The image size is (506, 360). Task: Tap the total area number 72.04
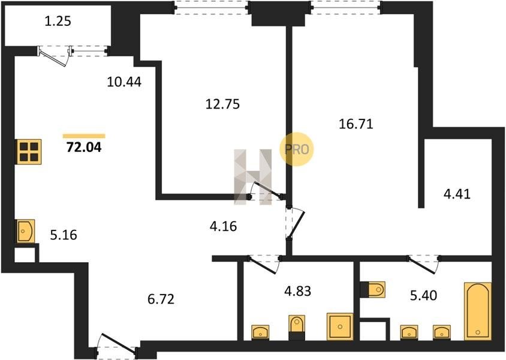tap(84, 147)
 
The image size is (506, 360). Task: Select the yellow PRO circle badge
tap(297, 149)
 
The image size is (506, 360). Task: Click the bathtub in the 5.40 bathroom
tap(478, 311)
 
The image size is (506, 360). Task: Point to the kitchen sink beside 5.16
tap(26, 231)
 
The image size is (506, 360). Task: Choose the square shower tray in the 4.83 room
tap(340, 326)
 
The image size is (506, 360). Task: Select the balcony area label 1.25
tap(58, 22)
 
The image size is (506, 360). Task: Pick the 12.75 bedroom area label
tap(222, 104)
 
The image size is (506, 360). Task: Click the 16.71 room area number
tap(356, 124)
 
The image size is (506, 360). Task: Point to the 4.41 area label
tap(457, 194)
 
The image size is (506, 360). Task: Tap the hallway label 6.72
tap(161, 299)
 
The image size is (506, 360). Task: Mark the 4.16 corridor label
tap(223, 226)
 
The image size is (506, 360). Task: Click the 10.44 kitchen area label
tap(124, 82)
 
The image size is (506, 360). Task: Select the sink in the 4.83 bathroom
tap(260, 332)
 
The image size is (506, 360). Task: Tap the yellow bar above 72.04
tap(84, 136)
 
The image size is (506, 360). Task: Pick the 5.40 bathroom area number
tap(424, 295)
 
